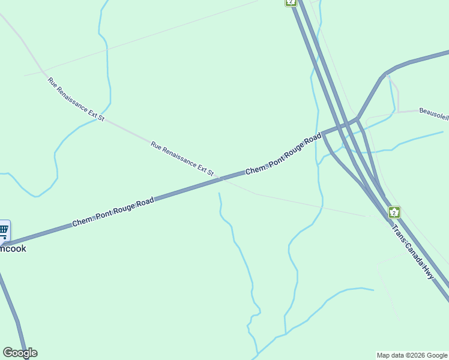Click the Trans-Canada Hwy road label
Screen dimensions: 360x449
coord(412,251)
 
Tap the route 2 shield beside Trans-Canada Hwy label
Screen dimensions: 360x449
coord(394,212)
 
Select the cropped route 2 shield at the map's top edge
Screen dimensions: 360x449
coord(291,2)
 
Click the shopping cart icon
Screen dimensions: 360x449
coord(4,230)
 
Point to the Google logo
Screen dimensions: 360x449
coord(20,353)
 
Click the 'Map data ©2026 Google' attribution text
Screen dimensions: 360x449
coord(412,355)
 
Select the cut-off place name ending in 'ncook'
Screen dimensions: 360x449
coord(13,248)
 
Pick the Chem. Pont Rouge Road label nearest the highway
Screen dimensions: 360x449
coord(283,154)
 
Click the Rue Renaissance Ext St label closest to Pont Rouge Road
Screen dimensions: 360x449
coord(182,158)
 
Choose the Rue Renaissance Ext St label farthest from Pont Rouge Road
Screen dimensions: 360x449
coord(76,99)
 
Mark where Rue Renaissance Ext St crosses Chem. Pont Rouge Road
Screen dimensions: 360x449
coord(220,178)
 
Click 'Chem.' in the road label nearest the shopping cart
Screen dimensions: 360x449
coord(82,221)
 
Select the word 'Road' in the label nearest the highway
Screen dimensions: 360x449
coord(313,140)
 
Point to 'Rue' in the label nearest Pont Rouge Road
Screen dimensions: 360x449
coord(156,145)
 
